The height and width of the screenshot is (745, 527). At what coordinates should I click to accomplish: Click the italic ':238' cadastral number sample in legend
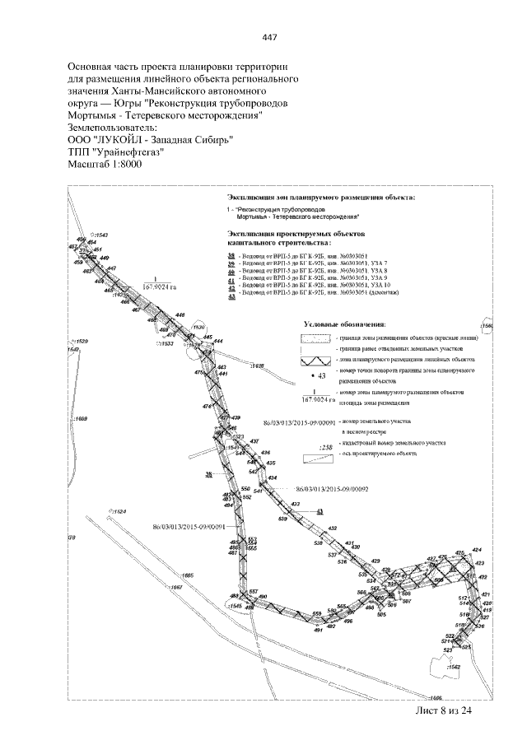(x=325, y=448)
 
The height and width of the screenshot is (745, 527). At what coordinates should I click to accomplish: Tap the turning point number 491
(x=318, y=631)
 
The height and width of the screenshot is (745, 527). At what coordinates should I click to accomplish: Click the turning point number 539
(x=282, y=519)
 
